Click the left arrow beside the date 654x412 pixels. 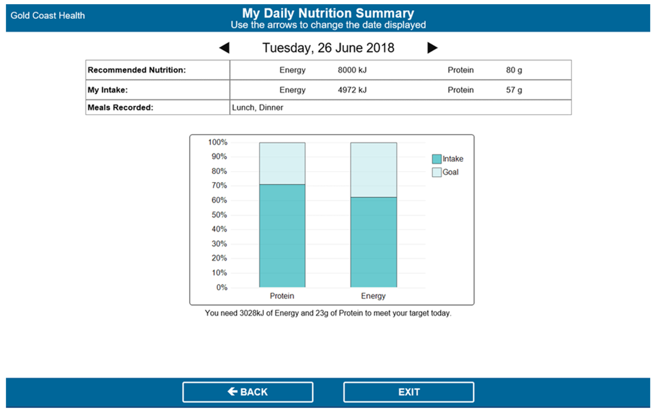point(225,48)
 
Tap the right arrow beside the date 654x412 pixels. point(432,48)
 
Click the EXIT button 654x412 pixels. point(409,392)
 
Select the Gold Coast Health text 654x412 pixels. point(48,16)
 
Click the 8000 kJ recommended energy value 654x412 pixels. point(352,70)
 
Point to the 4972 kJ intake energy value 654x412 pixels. point(352,90)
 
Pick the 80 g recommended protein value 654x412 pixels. point(514,70)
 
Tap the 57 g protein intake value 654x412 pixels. point(514,90)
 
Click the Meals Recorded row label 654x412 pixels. point(120,108)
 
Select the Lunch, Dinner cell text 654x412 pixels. point(257,108)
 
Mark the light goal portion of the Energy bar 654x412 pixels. point(373,170)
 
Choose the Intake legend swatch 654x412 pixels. point(436,159)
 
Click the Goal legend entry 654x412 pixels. point(450,172)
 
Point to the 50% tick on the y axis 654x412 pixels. point(219,215)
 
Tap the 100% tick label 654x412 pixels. point(218,142)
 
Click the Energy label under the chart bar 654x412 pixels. point(373,296)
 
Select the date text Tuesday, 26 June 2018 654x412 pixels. point(328,48)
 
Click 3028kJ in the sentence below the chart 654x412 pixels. point(252,313)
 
